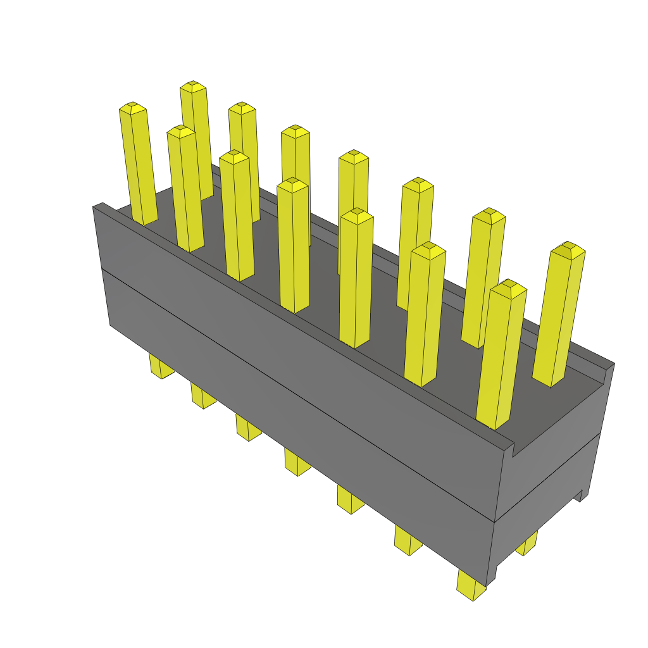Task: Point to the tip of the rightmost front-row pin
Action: pos(509,288)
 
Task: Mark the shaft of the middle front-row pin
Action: pos(292,253)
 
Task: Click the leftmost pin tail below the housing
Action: pos(161,367)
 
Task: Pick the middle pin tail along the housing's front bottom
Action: pos(296,463)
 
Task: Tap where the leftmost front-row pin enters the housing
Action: pos(144,221)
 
